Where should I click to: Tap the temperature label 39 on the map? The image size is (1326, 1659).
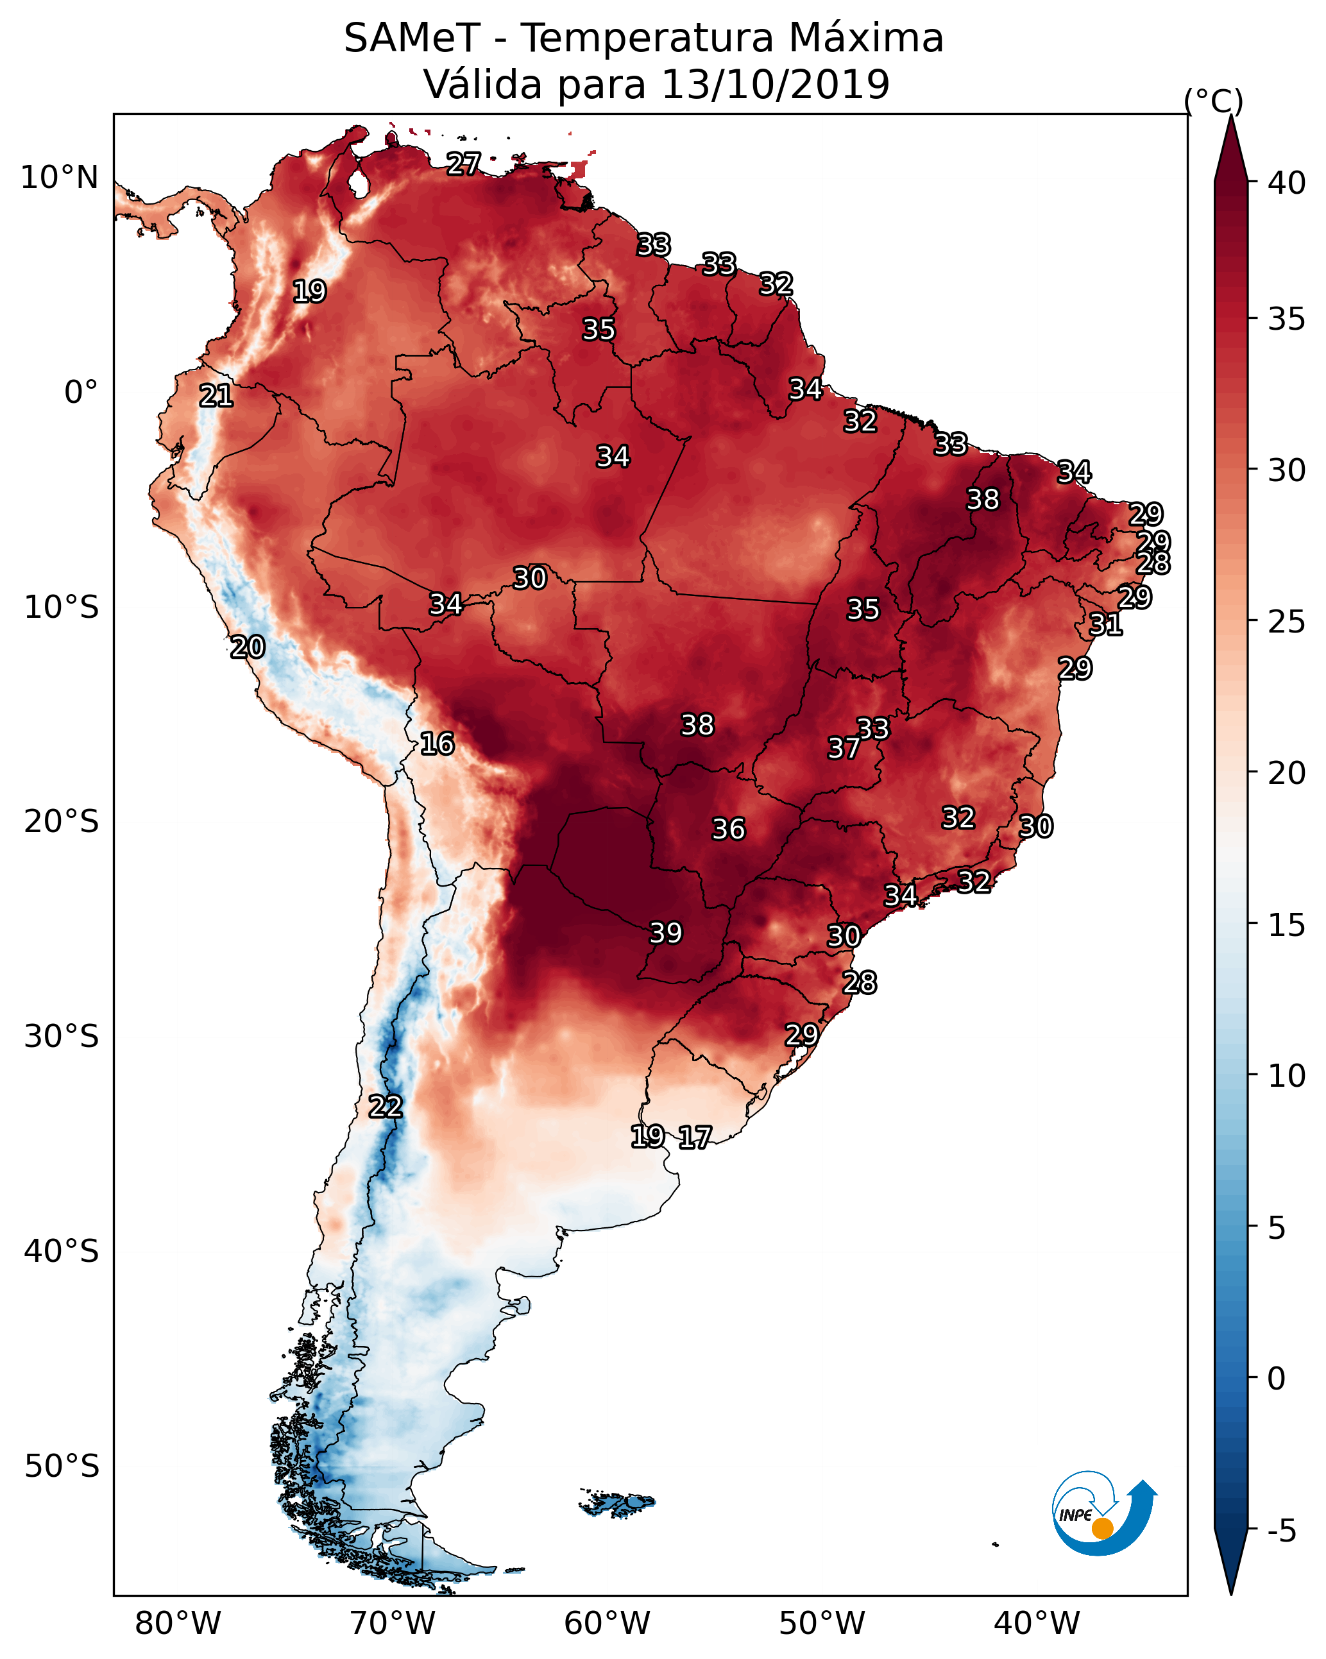[x=666, y=933]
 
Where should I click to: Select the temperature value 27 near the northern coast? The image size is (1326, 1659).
[x=463, y=163]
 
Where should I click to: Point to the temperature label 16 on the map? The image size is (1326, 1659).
[x=437, y=744]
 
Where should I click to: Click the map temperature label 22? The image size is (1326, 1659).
[x=386, y=1107]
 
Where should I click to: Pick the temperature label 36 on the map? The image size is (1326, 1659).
[x=728, y=829]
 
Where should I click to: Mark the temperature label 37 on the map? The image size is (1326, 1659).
[x=844, y=748]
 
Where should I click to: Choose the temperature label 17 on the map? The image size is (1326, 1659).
[x=695, y=1137]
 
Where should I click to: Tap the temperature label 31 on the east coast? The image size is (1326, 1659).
[x=1106, y=624]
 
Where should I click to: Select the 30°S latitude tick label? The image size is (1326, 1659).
[x=62, y=1037]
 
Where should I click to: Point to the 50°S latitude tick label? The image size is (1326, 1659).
[x=62, y=1467]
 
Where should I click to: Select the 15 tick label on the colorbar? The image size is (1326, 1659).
[x=1286, y=925]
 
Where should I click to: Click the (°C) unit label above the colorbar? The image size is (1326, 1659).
[x=1213, y=101]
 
